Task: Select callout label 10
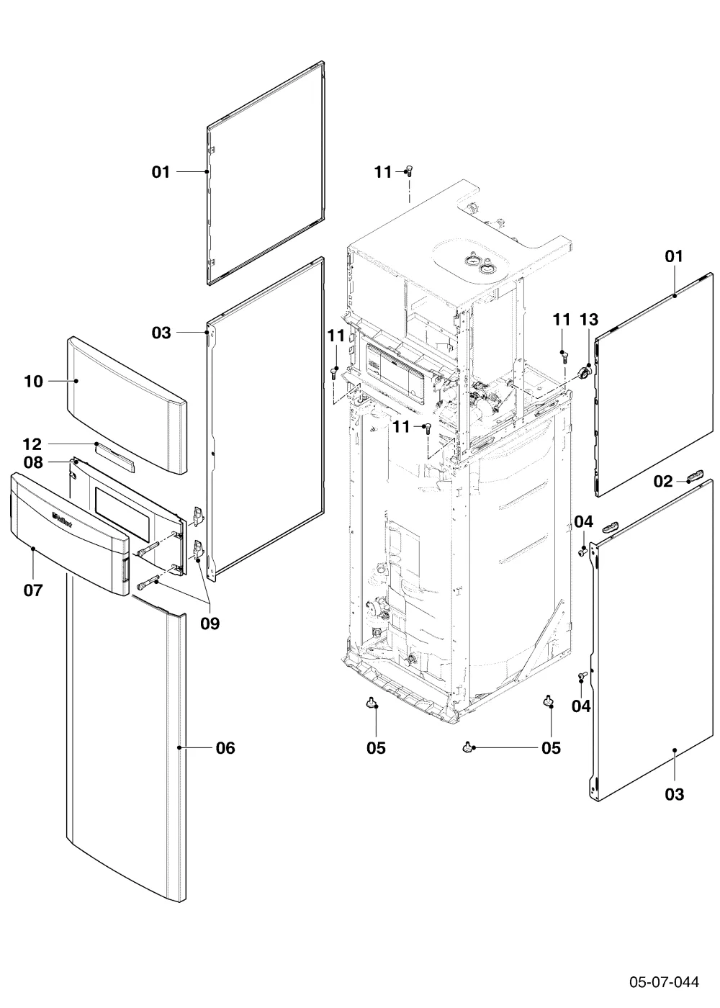coord(33,382)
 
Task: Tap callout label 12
coord(32,445)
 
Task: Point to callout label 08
coord(33,462)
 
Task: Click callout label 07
coord(33,590)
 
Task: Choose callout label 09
coord(210,624)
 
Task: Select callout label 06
coord(225,748)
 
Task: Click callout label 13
coord(589,320)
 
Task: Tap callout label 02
coord(663,482)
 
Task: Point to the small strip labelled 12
coord(114,456)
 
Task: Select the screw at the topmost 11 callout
coord(409,171)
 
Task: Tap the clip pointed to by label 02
coord(696,475)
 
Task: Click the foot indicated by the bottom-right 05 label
coord(467,747)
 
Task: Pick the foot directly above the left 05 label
coord(372,702)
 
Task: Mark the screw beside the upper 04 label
coord(582,550)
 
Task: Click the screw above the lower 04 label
coord(582,675)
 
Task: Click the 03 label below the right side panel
coord(674,794)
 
